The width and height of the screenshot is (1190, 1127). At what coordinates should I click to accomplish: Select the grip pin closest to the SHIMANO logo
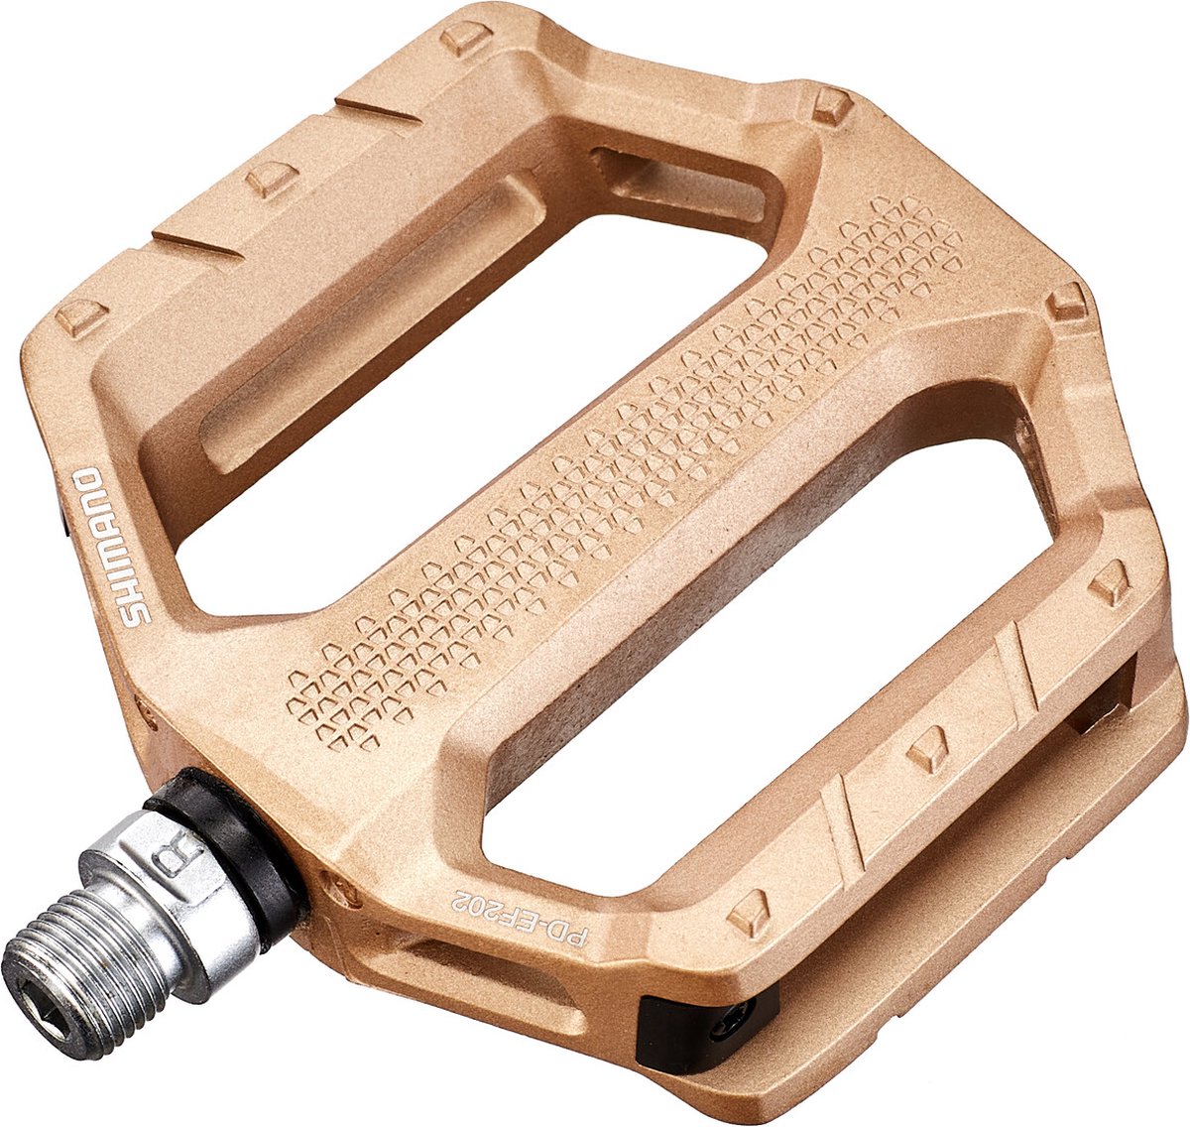(81, 317)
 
